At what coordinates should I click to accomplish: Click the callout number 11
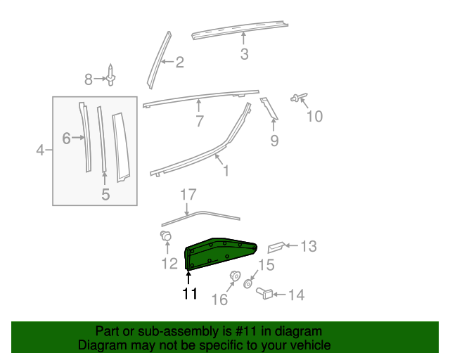pos(190,294)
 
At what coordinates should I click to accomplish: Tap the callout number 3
pos(244,54)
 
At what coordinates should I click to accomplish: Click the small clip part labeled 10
pos(299,98)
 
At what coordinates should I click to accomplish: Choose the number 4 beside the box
pos(40,150)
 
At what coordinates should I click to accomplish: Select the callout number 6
pos(66,139)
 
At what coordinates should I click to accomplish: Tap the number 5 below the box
pos(105,194)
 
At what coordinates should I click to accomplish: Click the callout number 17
pos(187,194)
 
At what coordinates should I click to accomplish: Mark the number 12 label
pos(169,264)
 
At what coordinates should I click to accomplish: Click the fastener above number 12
pos(167,237)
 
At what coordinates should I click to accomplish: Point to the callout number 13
pos(309,246)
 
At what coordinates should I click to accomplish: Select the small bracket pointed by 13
pos(276,246)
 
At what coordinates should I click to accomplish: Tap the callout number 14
pos(296,295)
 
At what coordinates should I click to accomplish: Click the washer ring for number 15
pos(248,284)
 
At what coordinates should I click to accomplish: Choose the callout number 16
pos(220,300)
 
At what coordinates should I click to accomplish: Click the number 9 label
pos(274,141)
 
